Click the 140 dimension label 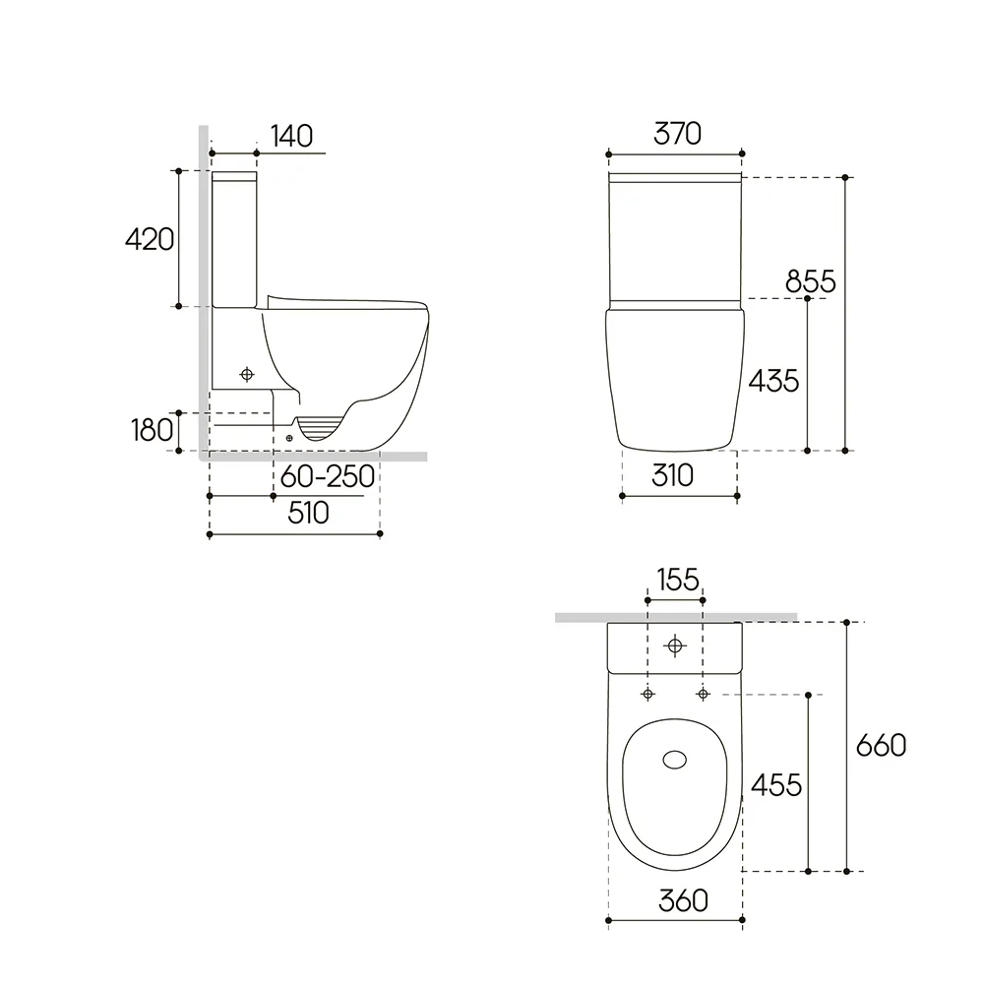pos(292,136)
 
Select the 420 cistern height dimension pos(150,240)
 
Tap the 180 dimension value pos(152,431)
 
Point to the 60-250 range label pos(328,477)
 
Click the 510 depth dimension pos(308,514)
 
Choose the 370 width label pos(677,134)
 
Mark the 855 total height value pos(811,281)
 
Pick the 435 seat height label pos(773,381)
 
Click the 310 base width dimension pos(672,475)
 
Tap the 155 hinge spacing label pos(678,580)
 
